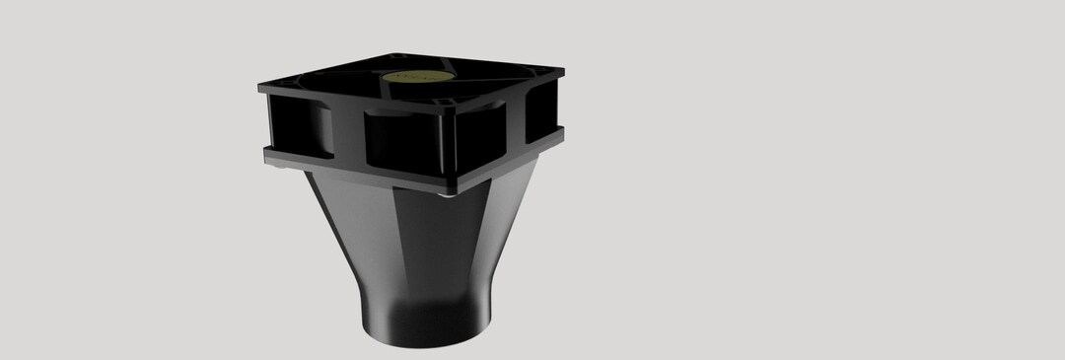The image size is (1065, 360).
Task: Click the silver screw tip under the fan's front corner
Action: (x=449, y=193)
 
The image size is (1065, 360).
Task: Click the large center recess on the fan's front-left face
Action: (x=399, y=143)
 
